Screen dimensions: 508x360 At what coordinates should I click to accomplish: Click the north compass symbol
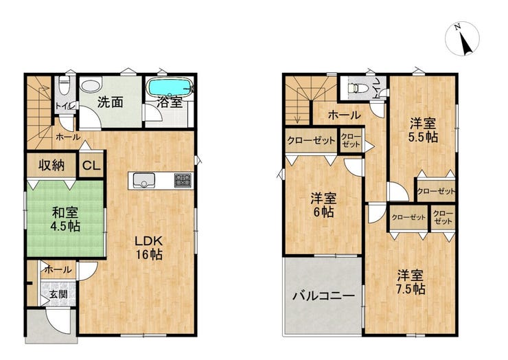coord(462,38)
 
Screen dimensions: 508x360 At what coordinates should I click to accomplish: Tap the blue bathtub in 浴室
coord(170,87)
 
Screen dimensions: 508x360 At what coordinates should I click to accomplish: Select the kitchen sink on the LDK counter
coord(143,180)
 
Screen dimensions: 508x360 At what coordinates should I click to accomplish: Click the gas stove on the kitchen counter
coord(183,180)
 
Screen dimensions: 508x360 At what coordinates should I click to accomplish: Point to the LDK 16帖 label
coord(149,248)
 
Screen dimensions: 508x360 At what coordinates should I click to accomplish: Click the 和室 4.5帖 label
coord(65,220)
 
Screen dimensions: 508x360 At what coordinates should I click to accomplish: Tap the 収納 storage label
coord(51,166)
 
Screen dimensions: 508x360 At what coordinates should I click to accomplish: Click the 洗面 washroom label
coord(110,102)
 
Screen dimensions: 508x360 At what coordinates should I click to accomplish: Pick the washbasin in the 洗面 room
coord(91,86)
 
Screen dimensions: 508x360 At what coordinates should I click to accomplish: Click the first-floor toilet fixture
coord(65,85)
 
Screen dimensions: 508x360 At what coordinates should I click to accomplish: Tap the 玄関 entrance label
coord(58,295)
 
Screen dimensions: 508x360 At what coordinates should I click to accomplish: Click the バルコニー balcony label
coord(323,296)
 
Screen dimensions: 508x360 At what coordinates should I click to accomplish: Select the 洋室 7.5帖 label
coord(411,282)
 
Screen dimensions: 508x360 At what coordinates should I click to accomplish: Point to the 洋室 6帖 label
coord(323,205)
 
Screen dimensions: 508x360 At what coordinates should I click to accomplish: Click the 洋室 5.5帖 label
coord(423,131)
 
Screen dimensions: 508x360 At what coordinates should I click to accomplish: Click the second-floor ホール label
coord(344,115)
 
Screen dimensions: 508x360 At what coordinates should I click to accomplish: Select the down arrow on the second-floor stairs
coord(297,115)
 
